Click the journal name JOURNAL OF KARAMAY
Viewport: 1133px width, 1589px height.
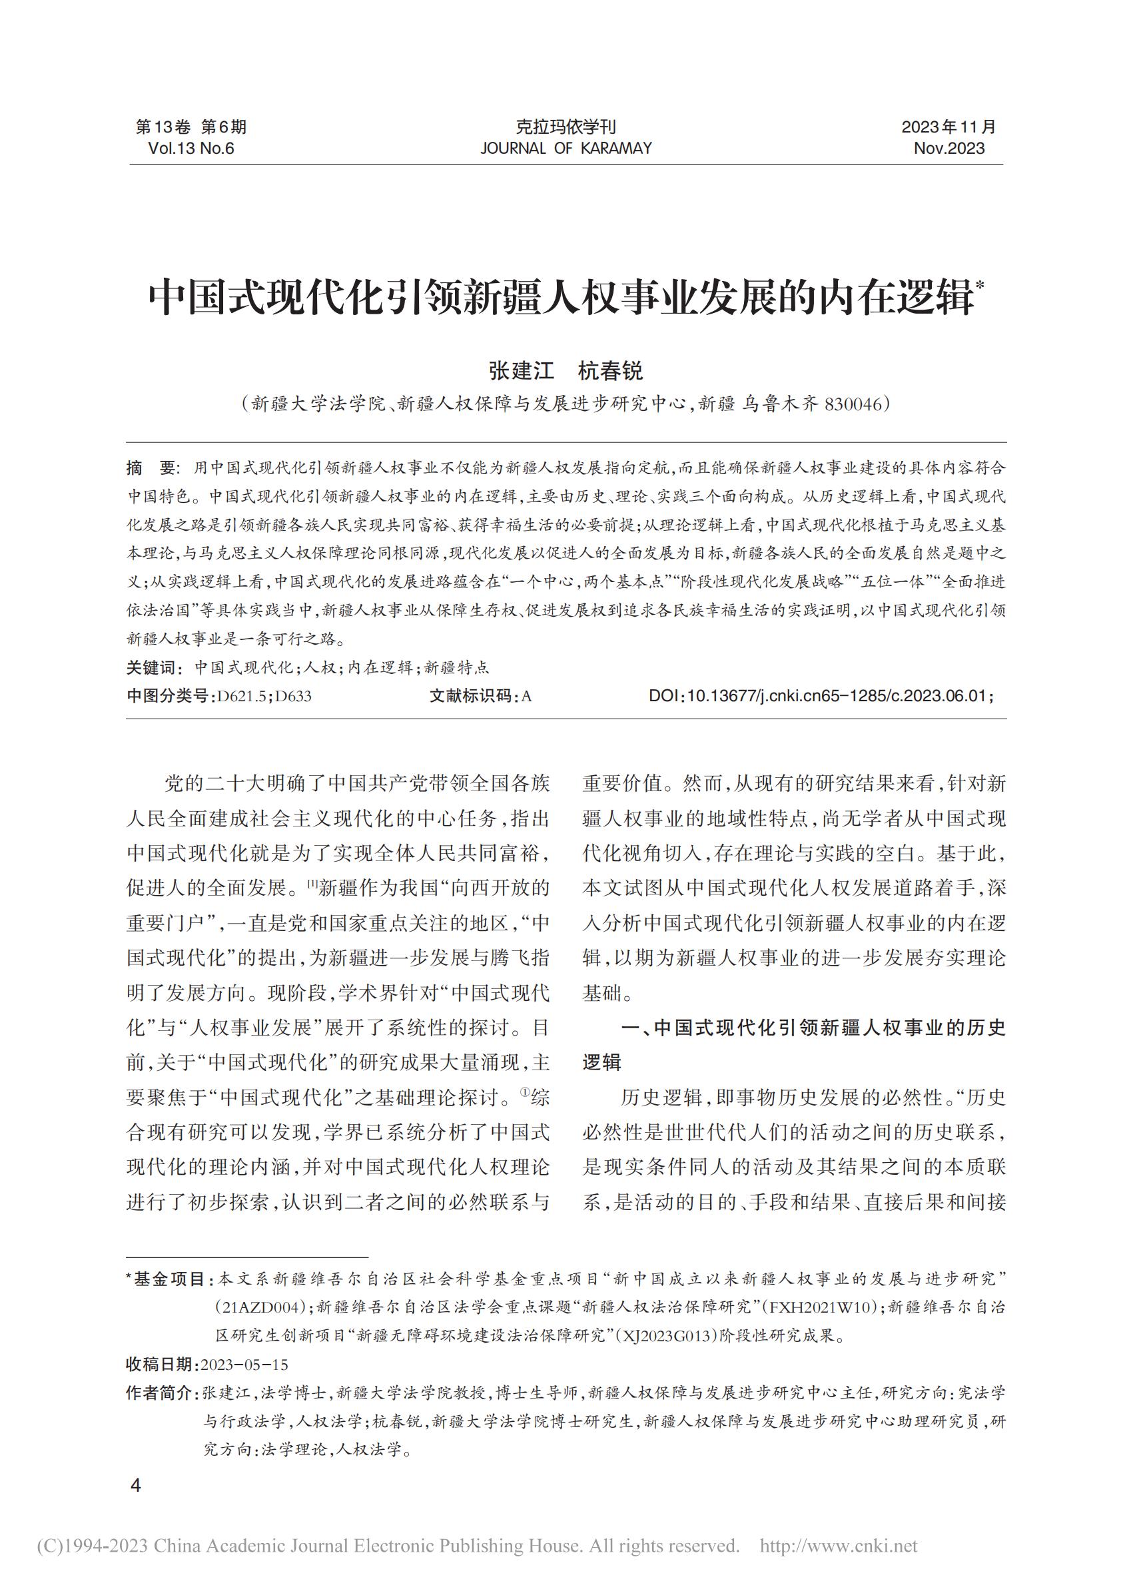566,149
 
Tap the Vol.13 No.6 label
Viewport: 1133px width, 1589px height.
191,149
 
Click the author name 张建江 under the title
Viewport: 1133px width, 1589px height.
521,370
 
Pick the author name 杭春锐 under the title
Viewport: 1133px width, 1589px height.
610,370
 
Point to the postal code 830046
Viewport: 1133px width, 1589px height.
853,404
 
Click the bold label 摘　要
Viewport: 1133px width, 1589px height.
153,468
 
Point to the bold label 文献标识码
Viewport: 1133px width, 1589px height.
471,696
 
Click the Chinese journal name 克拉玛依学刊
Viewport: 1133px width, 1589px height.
566,128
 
